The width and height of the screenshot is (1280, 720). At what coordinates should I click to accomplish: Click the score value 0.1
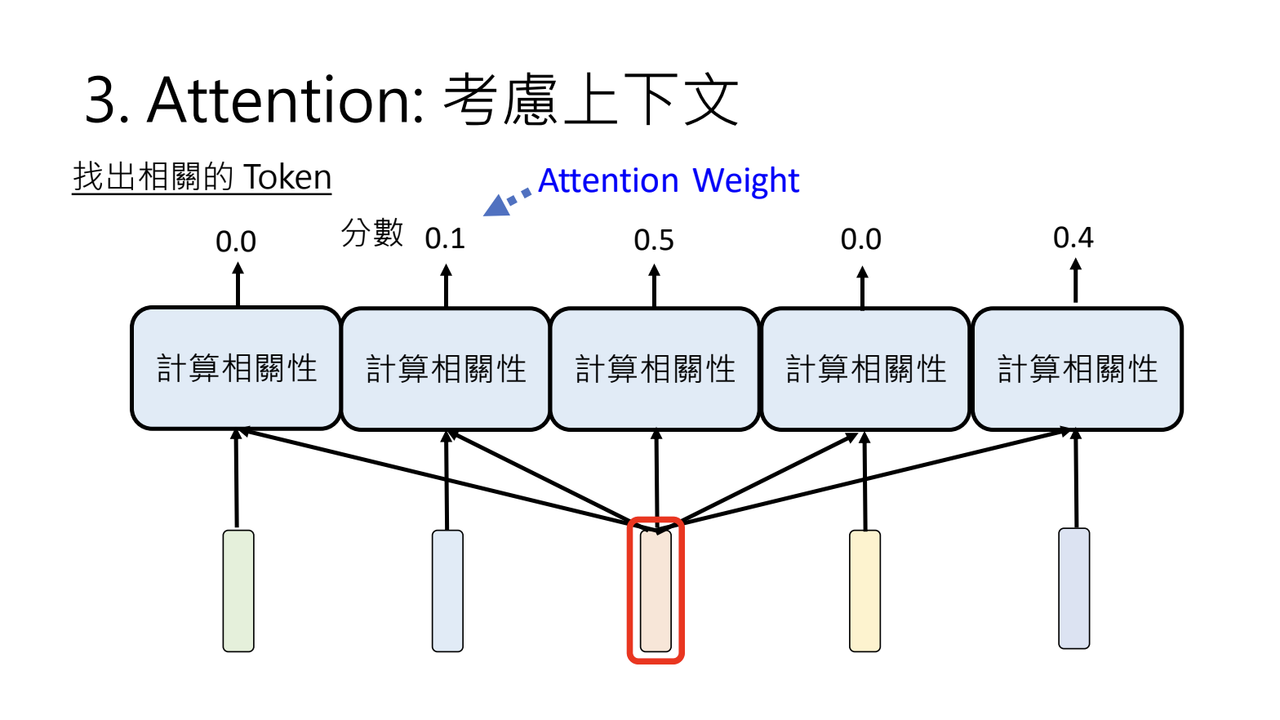tap(445, 238)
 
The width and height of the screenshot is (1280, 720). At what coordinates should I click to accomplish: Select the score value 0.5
tap(654, 240)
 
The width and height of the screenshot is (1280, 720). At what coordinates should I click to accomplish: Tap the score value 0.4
tap(1073, 238)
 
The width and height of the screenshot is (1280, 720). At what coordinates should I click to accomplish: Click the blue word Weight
tap(745, 180)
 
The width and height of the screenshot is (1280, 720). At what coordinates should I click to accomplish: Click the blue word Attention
tap(608, 180)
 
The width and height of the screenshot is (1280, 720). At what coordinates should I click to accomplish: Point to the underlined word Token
tap(287, 177)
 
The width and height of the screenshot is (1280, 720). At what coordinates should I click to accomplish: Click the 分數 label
tap(372, 233)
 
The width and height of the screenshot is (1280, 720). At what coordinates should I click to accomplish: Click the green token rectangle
tap(238, 591)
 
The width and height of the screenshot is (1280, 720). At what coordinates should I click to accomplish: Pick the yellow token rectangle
tap(864, 591)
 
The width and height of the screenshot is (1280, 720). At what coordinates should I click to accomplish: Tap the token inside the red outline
tap(656, 591)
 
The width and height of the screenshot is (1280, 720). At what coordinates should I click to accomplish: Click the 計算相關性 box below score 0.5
tap(656, 369)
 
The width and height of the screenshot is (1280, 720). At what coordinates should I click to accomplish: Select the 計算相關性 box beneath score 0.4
tap(1077, 369)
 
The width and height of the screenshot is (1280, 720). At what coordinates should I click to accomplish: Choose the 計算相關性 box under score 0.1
tap(446, 369)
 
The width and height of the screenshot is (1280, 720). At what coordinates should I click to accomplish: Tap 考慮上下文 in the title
tap(591, 100)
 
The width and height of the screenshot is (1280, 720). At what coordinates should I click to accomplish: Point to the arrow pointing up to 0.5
tap(654, 285)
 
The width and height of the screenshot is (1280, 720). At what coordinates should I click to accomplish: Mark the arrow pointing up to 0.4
tap(1075, 280)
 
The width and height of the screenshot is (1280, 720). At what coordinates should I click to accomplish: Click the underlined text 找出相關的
tap(153, 177)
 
